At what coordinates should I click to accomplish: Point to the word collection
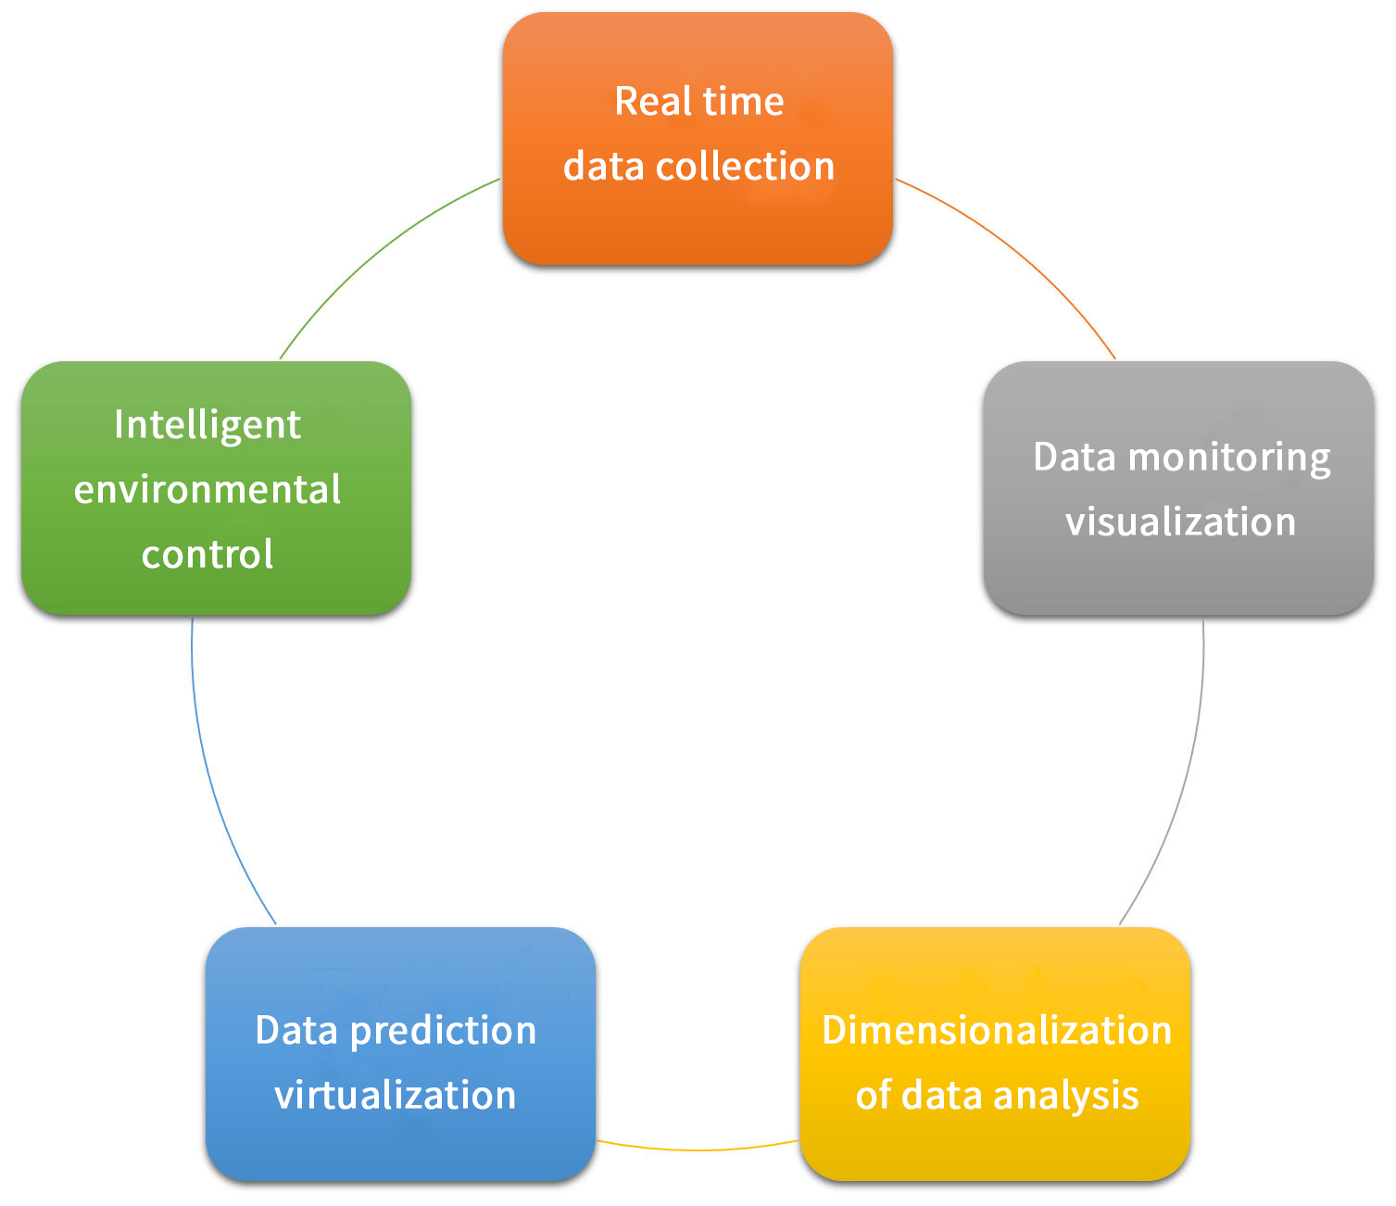pyautogui.click(x=745, y=167)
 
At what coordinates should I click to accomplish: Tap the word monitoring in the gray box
pyautogui.click(x=1229, y=459)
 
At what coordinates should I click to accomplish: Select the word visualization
pyautogui.click(x=1180, y=521)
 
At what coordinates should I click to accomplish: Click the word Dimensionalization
pyautogui.click(x=997, y=1030)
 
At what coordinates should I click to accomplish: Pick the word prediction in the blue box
pyautogui.click(x=443, y=1031)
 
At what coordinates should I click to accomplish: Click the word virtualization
pyautogui.click(x=396, y=1096)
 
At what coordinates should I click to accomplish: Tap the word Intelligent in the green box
pyautogui.click(x=208, y=425)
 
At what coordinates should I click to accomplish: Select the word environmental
pyautogui.click(x=208, y=489)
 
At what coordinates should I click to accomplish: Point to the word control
pyautogui.click(x=208, y=554)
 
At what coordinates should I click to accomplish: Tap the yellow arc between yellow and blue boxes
pyautogui.click(x=698, y=1149)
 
